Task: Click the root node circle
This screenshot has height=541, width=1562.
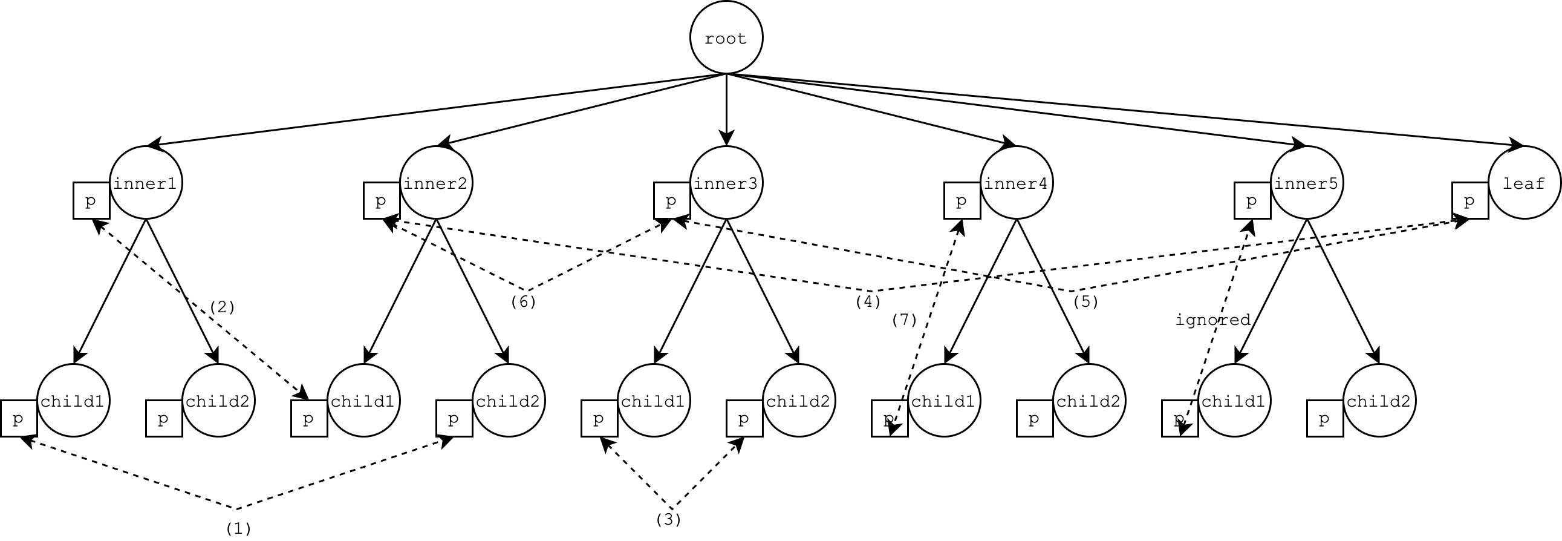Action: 726,38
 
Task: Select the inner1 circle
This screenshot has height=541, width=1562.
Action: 146,183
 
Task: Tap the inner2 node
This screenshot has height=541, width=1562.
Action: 436,183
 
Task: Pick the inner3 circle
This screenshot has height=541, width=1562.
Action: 726,183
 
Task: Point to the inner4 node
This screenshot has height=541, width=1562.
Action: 1017,183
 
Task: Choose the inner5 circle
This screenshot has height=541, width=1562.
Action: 1307,183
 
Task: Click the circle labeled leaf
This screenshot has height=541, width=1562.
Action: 1525,183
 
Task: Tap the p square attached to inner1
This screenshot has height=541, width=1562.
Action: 91,200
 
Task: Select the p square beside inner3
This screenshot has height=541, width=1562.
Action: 672,200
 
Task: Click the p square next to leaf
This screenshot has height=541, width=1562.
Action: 1471,200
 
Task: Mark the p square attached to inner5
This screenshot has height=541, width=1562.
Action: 1253,200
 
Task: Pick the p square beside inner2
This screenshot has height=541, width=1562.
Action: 382,200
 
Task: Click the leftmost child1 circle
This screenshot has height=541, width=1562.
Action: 73,400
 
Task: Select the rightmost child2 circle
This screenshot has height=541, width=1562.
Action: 1379,400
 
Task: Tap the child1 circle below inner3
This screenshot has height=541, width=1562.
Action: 654,400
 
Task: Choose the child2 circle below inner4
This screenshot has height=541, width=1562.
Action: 1089,400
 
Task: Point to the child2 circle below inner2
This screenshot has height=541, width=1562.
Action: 509,400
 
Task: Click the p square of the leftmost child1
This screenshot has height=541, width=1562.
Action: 19,418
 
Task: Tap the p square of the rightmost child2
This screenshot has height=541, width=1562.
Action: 1326,418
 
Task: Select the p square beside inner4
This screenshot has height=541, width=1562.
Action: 962,200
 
